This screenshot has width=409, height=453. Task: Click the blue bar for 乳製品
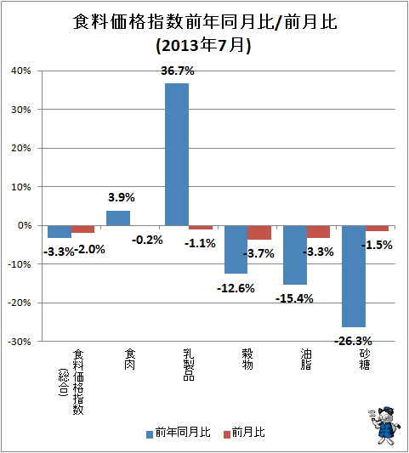pyautogui.click(x=177, y=155)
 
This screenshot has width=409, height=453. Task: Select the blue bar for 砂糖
pyautogui.click(x=354, y=276)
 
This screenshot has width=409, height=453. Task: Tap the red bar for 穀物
pyautogui.click(x=259, y=233)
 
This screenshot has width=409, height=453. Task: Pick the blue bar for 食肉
pyautogui.click(x=118, y=218)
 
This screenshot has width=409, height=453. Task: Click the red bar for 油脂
pyautogui.click(x=318, y=232)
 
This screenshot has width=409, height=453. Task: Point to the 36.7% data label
pyautogui.click(x=178, y=71)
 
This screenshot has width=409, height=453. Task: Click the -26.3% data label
pyautogui.click(x=353, y=341)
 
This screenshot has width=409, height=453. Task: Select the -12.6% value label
pyautogui.click(x=236, y=288)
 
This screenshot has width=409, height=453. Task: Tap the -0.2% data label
pyautogui.click(x=147, y=240)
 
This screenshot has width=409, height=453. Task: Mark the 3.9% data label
pyautogui.click(x=122, y=197)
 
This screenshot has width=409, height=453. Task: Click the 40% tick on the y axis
pyautogui.click(x=20, y=71)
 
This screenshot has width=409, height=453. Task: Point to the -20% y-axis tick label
pyautogui.click(x=20, y=303)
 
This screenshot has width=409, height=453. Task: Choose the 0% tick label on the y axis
pyautogui.click(x=25, y=225)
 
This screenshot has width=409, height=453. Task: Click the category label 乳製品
pyautogui.click(x=189, y=365)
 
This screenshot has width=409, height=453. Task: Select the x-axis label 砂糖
pyautogui.click(x=365, y=360)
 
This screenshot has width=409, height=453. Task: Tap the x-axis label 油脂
pyautogui.click(x=306, y=360)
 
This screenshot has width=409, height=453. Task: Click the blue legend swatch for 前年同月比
pyautogui.click(x=150, y=434)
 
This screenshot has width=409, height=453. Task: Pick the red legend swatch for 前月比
pyautogui.click(x=227, y=434)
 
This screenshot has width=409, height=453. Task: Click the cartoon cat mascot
pyautogui.click(x=384, y=425)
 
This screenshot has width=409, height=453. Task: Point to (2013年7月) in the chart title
pyautogui.click(x=203, y=46)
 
